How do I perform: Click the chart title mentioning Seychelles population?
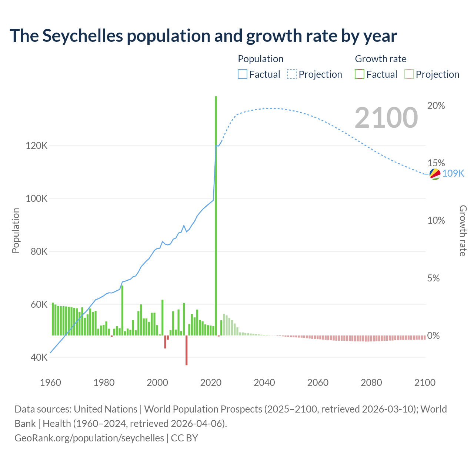[x=203, y=36]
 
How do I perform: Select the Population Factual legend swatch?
[x=242, y=74]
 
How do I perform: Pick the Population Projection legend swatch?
[x=292, y=74]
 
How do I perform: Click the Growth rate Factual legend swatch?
[x=360, y=74]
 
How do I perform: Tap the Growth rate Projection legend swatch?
[x=409, y=74]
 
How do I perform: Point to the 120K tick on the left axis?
[x=36, y=146]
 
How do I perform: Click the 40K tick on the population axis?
[x=39, y=358]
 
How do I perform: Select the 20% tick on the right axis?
[x=436, y=106]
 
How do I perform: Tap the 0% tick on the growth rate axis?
[x=433, y=336]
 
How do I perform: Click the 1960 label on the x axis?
[x=50, y=383]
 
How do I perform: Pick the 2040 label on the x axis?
[x=264, y=383]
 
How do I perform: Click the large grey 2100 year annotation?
[x=386, y=118]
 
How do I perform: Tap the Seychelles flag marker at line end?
[x=435, y=174]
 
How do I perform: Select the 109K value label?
[x=453, y=173]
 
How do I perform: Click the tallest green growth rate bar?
[x=216, y=215]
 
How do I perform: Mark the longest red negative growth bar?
[x=187, y=350]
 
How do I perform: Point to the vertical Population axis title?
[x=16, y=230]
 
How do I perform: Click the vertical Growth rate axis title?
[x=463, y=231]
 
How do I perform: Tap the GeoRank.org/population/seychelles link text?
[x=89, y=438]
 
